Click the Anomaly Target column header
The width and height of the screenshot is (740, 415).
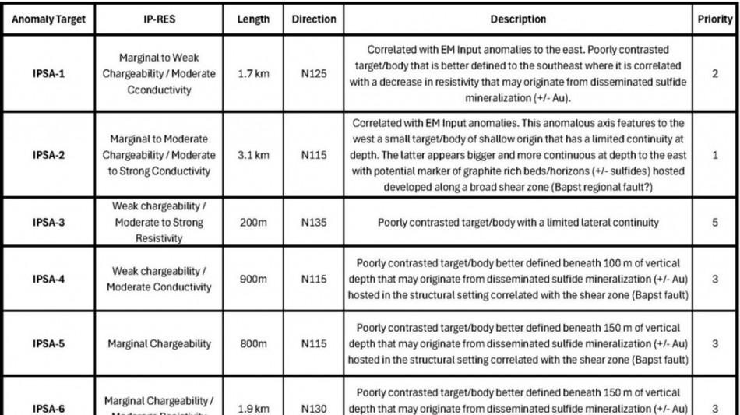48,19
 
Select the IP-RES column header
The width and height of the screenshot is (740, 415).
159,19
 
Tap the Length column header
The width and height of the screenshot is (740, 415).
253,19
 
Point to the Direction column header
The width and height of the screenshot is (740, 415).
314,19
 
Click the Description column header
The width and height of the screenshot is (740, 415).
518,19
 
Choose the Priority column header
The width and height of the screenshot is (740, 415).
715,19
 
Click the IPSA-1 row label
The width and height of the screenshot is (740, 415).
48,75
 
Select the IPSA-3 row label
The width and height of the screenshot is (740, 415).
48,223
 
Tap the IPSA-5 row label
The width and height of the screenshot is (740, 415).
48,343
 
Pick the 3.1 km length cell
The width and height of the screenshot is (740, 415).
253,155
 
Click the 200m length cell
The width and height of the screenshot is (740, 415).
253,223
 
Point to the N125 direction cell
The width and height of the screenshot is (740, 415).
314,75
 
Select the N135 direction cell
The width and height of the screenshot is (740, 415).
314,223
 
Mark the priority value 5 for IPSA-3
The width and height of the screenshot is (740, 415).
715,223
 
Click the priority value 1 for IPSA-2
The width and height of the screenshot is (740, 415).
715,155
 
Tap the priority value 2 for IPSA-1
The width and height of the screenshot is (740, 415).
715,75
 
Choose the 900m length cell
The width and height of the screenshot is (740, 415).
253,280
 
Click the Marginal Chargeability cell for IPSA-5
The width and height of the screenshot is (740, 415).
159,343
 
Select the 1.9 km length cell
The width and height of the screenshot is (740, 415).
253,408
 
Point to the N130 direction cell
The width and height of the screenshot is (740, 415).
314,408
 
